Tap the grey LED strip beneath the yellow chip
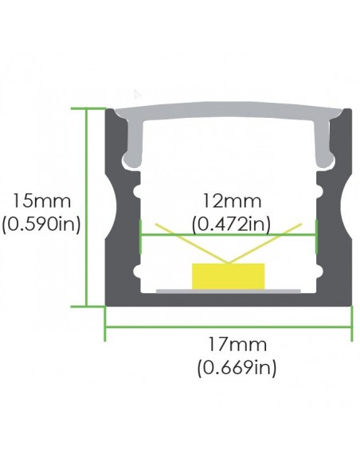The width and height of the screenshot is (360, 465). coord(229,291)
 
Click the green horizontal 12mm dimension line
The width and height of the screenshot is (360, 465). coord(175,235)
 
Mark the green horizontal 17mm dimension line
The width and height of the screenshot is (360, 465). coord(229,326)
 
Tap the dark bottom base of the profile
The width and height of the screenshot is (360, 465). coord(229,299)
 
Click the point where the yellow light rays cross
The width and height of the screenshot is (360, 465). coord(229,260)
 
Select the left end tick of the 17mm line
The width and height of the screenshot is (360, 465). coord(106,326)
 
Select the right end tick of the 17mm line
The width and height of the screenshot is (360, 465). coord(351,326)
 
